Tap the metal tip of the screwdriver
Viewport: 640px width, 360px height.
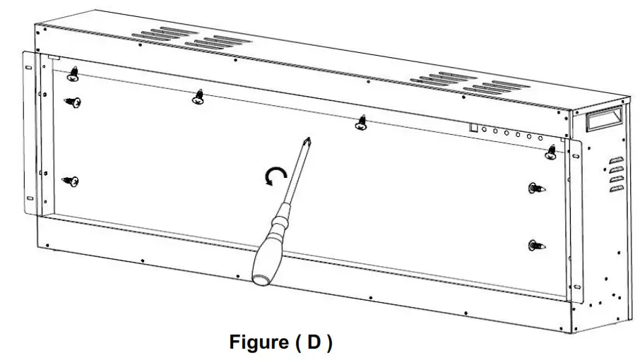(307, 141)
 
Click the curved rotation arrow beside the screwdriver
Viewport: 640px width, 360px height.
(274, 176)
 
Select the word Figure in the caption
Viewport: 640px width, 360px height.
(256, 342)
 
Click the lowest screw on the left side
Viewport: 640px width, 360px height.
(71, 181)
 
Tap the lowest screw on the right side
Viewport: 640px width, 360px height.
(537, 246)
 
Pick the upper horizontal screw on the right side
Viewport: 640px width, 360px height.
(537, 188)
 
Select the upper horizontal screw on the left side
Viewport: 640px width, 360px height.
(72, 103)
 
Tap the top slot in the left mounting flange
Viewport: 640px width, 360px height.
(29, 68)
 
